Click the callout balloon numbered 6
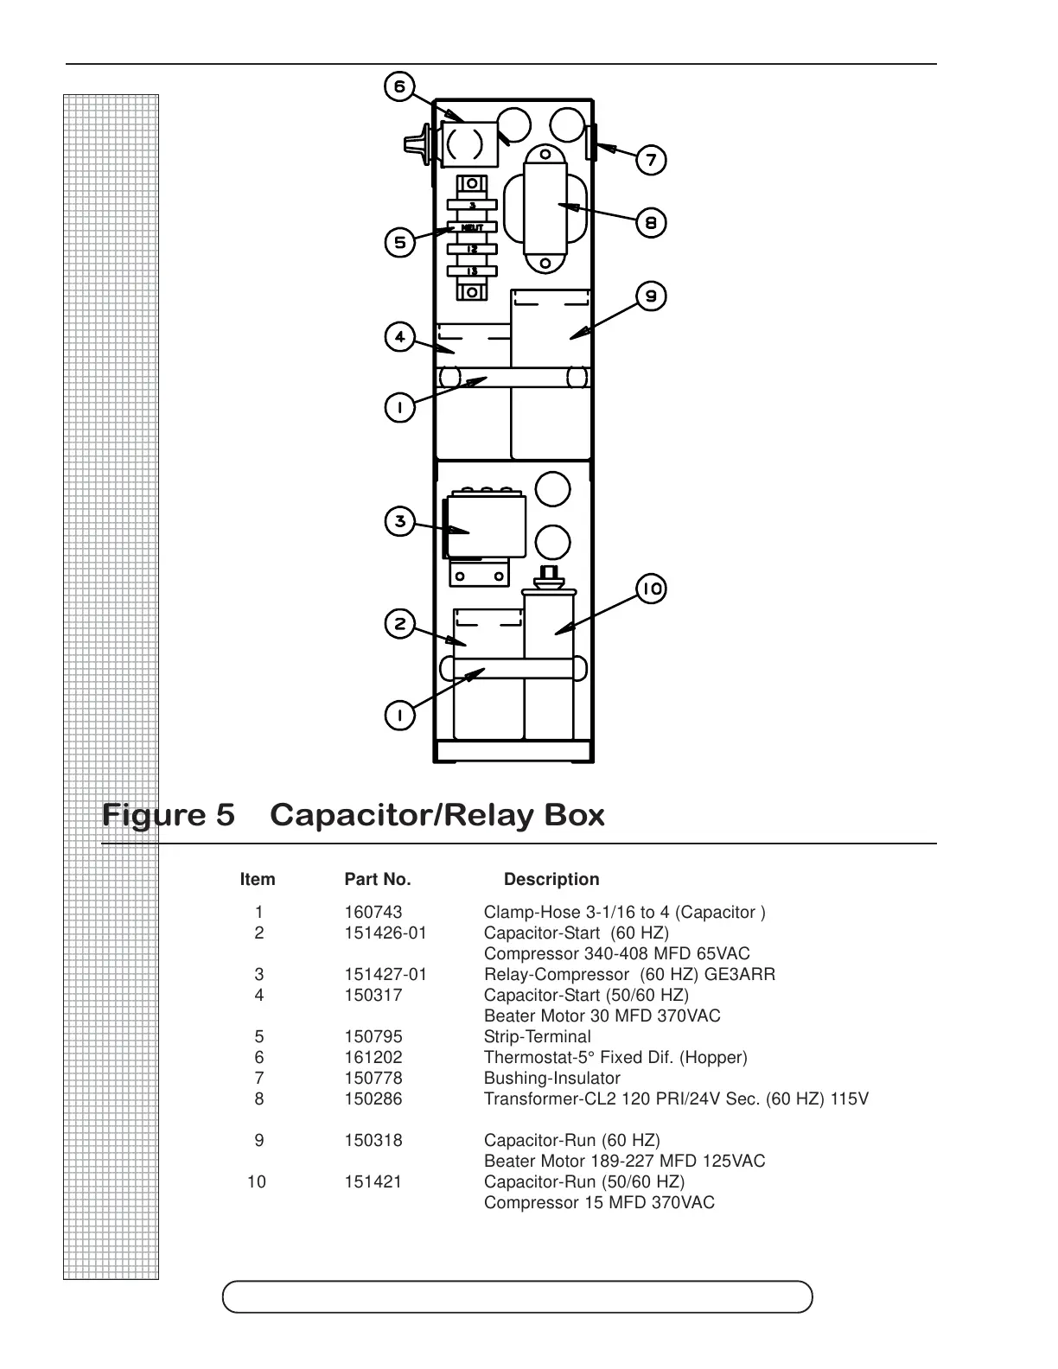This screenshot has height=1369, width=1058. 399,87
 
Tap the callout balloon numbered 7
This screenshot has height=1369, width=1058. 651,160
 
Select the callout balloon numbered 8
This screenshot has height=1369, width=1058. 651,223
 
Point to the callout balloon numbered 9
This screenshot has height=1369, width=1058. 651,296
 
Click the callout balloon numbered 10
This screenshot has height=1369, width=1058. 651,589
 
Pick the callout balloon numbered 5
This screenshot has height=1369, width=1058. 399,242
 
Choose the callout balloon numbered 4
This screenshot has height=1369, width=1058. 399,336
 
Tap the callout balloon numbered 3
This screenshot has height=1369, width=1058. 399,521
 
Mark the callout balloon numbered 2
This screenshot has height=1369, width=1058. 399,624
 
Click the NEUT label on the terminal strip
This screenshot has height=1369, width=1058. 472,227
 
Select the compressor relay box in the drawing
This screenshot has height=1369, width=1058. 485,525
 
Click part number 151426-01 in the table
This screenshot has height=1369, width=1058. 386,933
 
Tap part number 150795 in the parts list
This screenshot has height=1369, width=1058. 373,1037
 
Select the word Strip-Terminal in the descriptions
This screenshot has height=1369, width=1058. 537,1037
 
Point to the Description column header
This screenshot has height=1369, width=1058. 551,880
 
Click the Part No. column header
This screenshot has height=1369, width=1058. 378,880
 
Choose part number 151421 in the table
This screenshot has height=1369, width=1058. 373,1182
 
